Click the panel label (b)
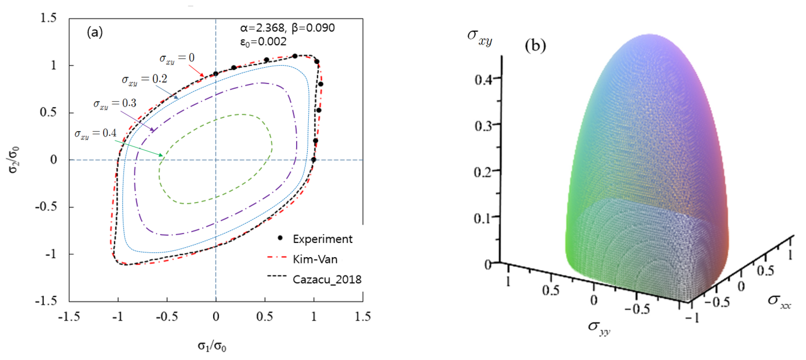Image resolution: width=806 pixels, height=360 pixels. [x=535, y=46]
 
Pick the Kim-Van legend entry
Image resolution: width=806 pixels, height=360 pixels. [x=315, y=259]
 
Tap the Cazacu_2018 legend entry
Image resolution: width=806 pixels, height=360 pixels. [x=327, y=279]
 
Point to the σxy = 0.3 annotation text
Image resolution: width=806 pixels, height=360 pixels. [x=115, y=104]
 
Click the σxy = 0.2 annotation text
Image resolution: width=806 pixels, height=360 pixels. [x=144, y=79]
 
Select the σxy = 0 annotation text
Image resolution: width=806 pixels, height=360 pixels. [x=177, y=58]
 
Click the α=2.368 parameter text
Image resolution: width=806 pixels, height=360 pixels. [x=262, y=28]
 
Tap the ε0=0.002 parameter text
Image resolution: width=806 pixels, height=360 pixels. [x=263, y=42]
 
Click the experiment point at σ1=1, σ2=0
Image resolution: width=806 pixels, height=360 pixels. [x=313, y=160]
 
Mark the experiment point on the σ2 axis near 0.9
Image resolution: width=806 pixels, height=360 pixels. [x=216, y=74]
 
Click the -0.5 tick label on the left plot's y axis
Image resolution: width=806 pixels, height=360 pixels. [x=46, y=207]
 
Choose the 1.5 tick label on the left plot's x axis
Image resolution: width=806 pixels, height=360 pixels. [x=362, y=316]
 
